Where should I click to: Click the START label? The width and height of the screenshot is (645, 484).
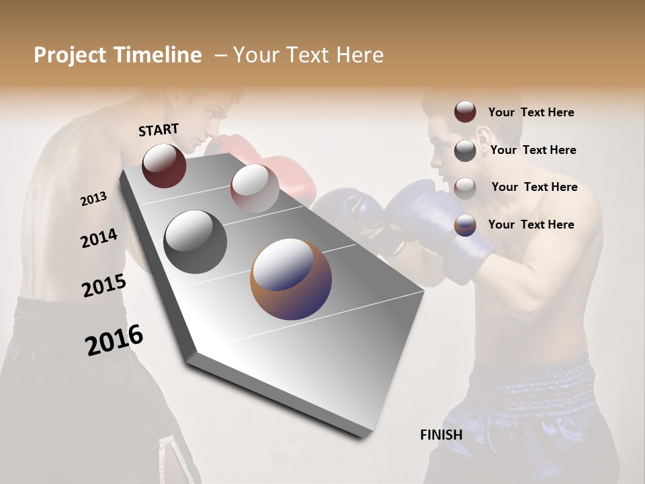point(159,130)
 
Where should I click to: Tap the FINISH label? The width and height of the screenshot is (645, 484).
point(441,435)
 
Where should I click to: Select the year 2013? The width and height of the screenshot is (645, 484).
point(93,199)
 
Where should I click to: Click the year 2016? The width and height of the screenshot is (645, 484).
point(114,339)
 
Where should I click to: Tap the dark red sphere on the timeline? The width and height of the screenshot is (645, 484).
point(164,165)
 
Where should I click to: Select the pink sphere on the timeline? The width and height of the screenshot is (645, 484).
point(254,188)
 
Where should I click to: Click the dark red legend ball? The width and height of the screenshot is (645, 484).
point(465,112)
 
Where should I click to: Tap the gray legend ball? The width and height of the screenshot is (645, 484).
point(465,151)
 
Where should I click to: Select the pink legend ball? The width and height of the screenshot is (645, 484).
point(465,188)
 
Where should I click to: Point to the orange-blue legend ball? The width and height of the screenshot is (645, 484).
point(465,225)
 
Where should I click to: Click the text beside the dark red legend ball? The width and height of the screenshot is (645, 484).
point(531,113)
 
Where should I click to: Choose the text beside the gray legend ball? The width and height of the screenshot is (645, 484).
point(533,151)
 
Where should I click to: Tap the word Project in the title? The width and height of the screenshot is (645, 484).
point(69,55)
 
